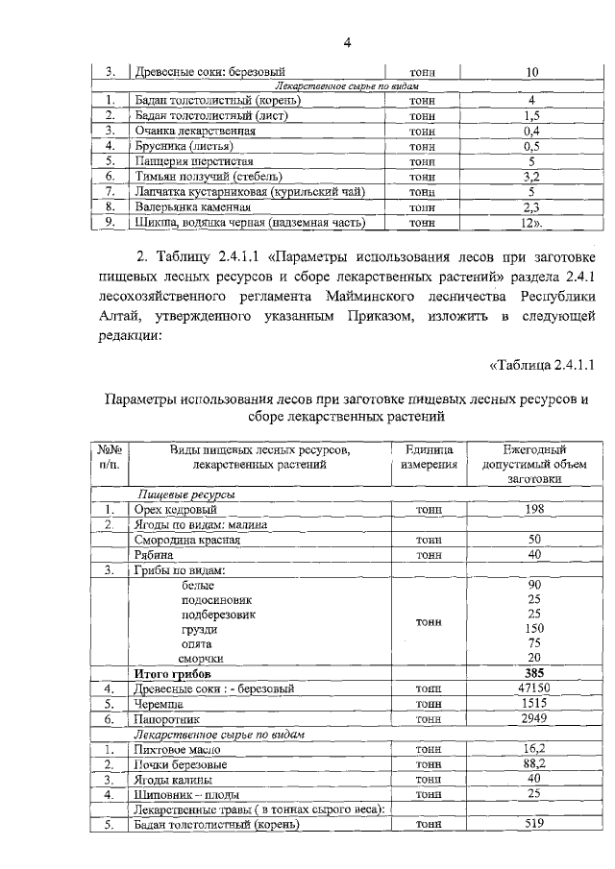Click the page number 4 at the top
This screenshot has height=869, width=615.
pyautogui.click(x=350, y=41)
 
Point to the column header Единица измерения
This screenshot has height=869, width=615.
pyautogui.click(x=429, y=457)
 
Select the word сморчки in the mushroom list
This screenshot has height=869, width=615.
pyautogui.click(x=202, y=658)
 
